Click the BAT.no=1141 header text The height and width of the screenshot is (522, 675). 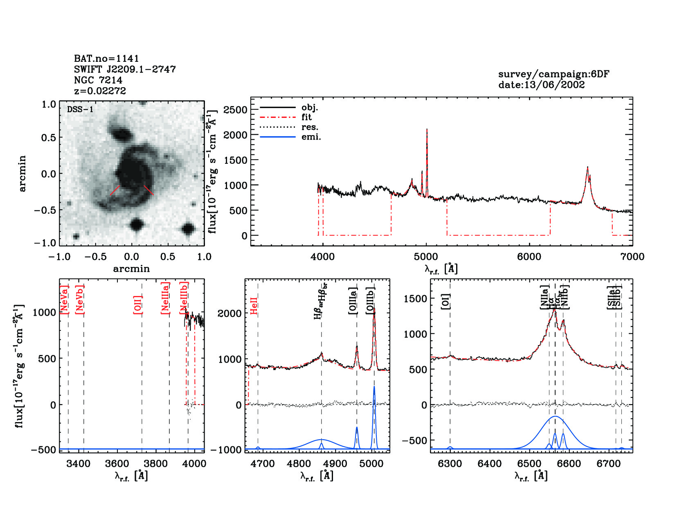[x=106, y=59]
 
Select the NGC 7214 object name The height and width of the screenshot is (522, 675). [x=98, y=80]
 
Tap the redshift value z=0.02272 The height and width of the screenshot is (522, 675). [x=100, y=91]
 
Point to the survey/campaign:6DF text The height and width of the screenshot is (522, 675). [x=553, y=74]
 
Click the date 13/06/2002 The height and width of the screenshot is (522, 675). [x=541, y=85]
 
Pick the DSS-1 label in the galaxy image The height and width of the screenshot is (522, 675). [x=80, y=109]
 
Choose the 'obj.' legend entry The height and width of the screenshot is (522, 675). [x=309, y=108]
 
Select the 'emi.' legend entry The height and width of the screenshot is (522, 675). [x=311, y=137]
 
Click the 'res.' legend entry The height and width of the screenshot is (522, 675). [x=310, y=127]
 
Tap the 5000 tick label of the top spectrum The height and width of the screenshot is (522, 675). [x=426, y=257]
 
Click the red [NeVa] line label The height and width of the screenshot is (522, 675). [x=64, y=299]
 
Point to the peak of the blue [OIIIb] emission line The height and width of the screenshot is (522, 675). [x=374, y=386]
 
